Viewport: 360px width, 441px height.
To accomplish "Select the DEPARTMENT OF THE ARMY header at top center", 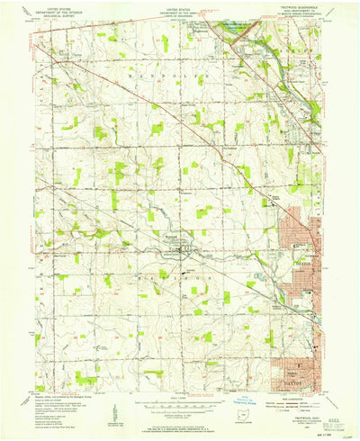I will pos(180,12).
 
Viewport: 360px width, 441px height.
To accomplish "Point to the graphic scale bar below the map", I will pos(180,403).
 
